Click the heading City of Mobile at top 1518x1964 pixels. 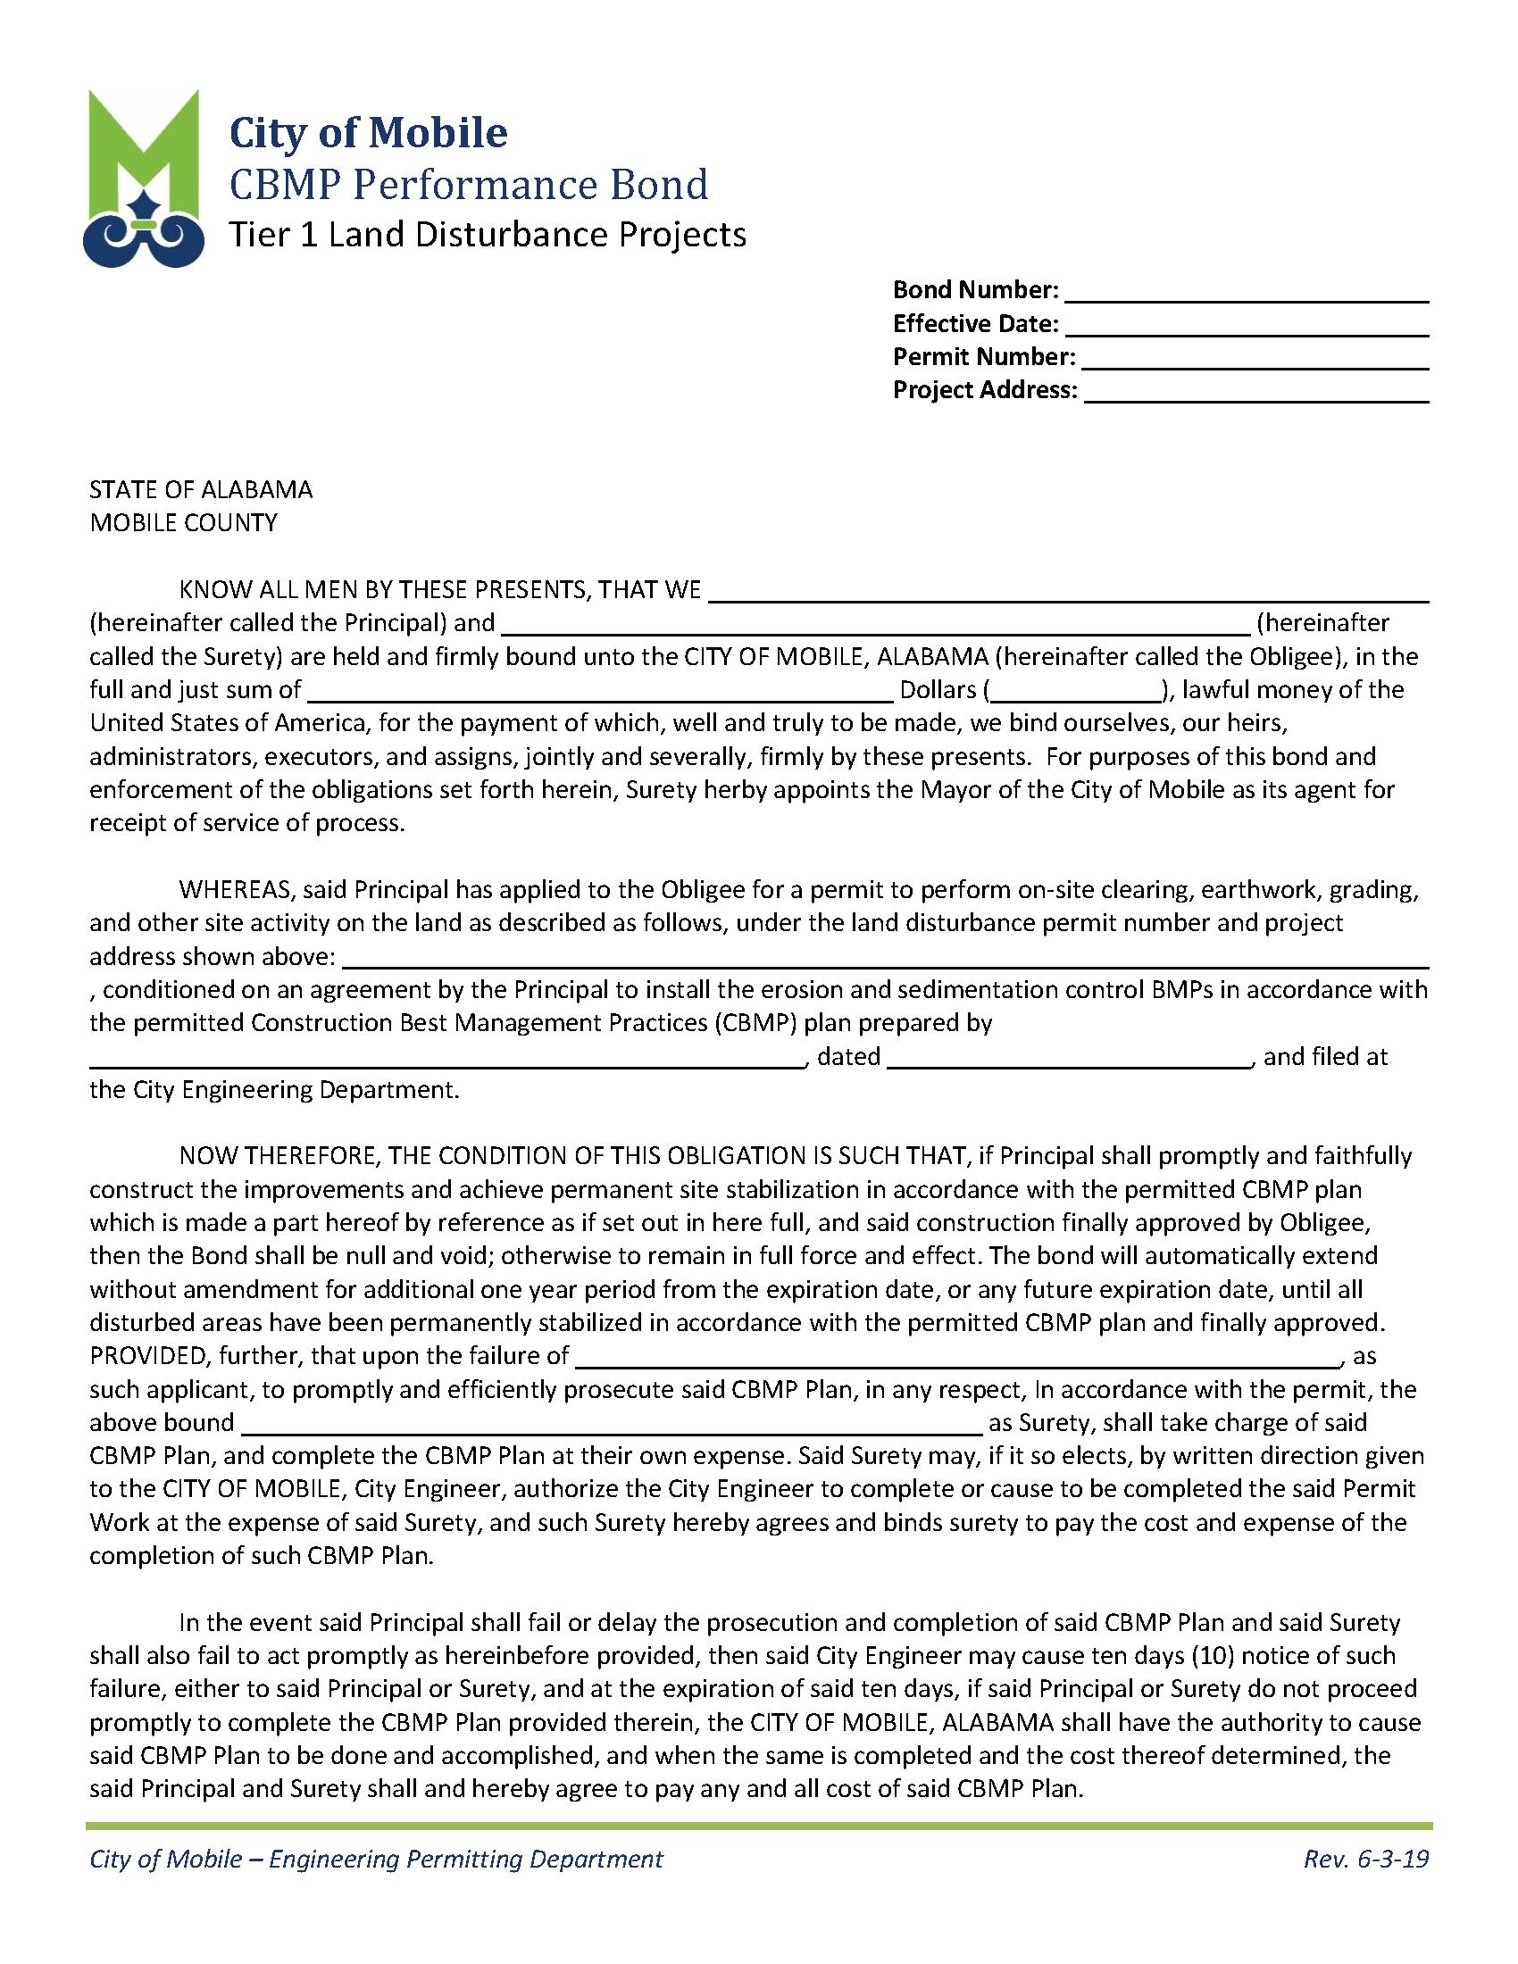pos(368,132)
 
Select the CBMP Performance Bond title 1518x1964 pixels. pos(468,185)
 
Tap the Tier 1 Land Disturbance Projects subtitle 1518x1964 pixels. pos(487,235)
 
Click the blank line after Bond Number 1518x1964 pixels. pos(1247,292)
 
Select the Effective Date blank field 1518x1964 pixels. pos(1247,326)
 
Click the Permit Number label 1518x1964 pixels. pos(983,357)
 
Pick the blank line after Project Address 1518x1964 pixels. pos(1255,392)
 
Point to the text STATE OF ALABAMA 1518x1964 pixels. pos(201,489)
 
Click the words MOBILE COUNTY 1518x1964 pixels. pos(183,522)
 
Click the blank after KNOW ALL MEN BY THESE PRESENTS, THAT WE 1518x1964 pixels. pos(1068,592)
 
